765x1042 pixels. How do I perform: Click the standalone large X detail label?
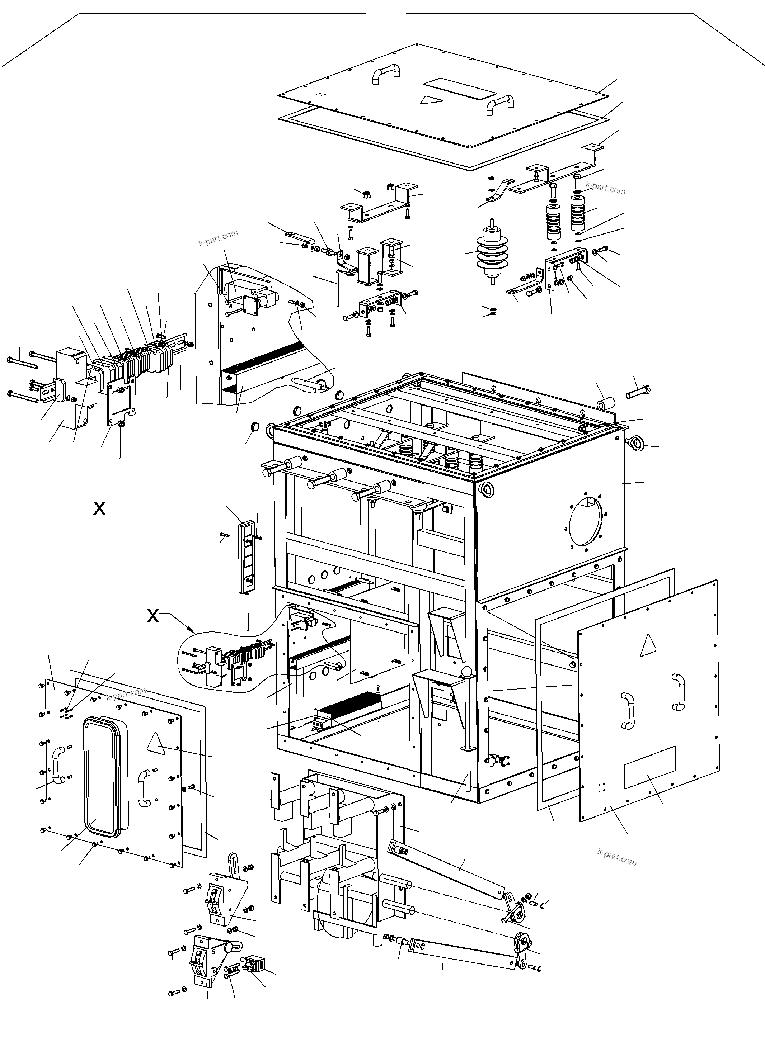pyautogui.click(x=99, y=508)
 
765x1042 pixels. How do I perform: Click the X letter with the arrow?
pyautogui.click(x=153, y=616)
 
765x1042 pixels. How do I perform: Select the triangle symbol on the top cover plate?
pyautogui.click(x=430, y=99)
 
